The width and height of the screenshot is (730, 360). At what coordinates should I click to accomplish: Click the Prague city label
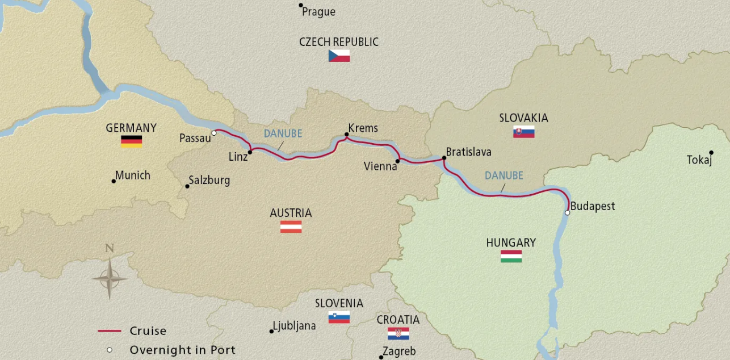(318, 12)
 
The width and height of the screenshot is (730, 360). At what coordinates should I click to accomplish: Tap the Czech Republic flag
(339, 56)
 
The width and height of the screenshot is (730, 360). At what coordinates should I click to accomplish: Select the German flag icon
(131, 141)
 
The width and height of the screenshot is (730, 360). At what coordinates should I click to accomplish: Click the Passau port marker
(214, 133)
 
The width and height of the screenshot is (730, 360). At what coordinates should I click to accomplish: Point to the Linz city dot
(250, 152)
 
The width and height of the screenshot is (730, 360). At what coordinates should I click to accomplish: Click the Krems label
(363, 128)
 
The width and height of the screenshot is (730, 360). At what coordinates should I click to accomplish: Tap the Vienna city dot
(397, 161)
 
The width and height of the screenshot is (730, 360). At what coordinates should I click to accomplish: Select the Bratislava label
(468, 152)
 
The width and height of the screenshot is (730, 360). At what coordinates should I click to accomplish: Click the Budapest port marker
(567, 213)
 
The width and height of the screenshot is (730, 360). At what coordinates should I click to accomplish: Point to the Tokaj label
(699, 160)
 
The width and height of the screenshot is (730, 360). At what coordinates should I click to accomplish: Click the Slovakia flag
(523, 132)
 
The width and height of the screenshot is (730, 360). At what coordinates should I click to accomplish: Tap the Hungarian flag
(511, 256)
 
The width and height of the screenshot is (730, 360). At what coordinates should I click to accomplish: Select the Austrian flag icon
(291, 227)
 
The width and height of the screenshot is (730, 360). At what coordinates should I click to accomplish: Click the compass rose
(110, 278)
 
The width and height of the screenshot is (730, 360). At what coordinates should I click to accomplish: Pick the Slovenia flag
(339, 317)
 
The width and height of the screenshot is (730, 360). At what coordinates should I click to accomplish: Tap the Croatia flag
(398, 334)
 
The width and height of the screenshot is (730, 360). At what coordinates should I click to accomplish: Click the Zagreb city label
(399, 351)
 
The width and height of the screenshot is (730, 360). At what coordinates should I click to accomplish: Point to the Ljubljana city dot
(271, 331)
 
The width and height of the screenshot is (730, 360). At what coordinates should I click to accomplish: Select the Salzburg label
(209, 181)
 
